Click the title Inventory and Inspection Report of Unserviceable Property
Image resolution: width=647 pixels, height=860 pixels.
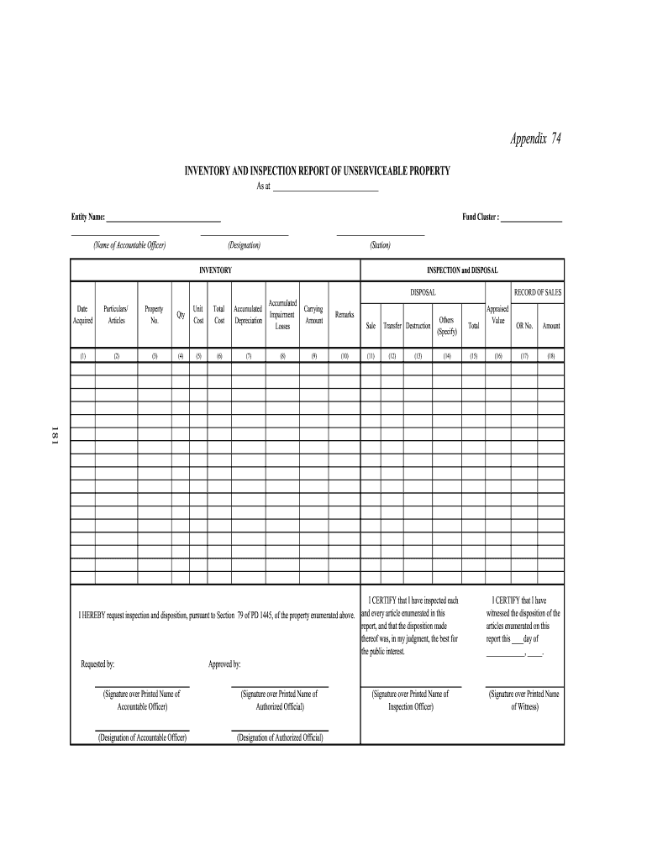(x=318, y=171)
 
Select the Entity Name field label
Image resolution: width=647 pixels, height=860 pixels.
(x=88, y=218)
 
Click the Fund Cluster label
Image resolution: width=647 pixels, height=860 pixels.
(x=481, y=218)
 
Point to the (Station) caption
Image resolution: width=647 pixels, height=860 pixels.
(x=380, y=245)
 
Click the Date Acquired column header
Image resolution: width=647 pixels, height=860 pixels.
(x=82, y=315)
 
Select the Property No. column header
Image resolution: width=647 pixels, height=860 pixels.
(x=155, y=315)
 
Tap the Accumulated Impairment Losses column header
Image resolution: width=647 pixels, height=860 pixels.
(x=282, y=315)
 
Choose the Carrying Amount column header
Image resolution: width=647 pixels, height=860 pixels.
(x=313, y=315)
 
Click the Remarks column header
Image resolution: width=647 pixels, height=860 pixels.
(x=345, y=315)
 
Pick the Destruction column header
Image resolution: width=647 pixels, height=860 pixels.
(x=418, y=326)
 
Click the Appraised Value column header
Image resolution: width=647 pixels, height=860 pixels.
(x=497, y=315)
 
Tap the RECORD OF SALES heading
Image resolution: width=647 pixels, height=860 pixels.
(x=538, y=293)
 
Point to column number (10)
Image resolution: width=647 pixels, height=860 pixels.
(x=345, y=356)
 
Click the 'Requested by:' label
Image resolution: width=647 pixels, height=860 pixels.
(x=97, y=664)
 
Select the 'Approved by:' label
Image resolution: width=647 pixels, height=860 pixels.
(x=224, y=664)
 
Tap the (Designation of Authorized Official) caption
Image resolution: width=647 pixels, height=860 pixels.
(x=280, y=737)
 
